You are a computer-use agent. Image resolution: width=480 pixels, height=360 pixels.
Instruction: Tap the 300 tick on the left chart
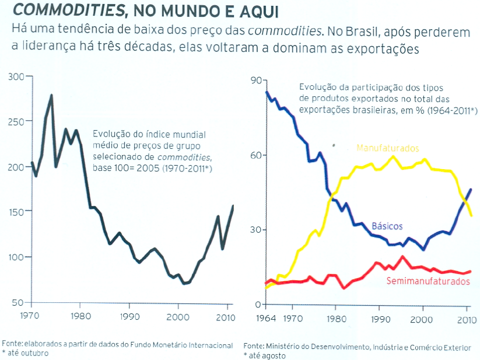(17, 76)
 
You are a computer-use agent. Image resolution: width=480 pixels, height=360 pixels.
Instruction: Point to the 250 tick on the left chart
(17, 121)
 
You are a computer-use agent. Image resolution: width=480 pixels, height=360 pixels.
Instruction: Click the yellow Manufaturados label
(387, 148)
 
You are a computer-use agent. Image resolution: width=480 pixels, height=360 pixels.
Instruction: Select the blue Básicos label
(387, 226)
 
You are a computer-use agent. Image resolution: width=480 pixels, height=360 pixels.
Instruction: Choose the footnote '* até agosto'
(266, 355)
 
